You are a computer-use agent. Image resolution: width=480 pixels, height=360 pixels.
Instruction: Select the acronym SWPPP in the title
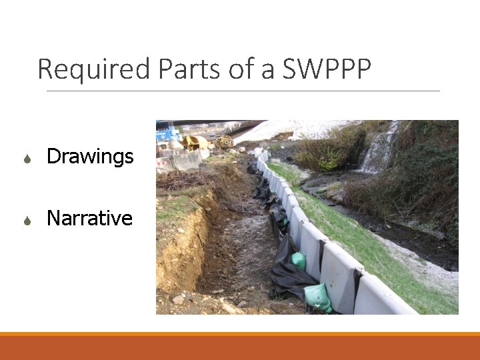coord(327,69)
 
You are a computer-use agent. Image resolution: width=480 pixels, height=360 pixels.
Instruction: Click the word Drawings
coord(90,157)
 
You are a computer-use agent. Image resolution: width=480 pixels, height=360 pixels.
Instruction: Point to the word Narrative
coord(89,218)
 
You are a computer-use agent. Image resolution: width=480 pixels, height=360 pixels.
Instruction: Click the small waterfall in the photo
coord(379,151)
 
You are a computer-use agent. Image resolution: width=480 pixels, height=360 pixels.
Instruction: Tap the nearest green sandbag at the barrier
coord(318,297)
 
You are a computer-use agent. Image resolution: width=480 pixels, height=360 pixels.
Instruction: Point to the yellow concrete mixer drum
coord(194,142)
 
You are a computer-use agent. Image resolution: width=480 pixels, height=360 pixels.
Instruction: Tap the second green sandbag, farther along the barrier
coord(299,261)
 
